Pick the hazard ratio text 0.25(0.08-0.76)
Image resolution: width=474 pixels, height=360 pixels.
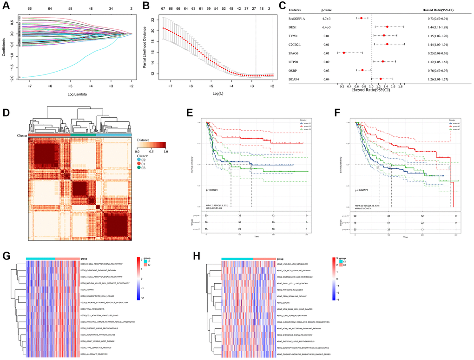(441, 53)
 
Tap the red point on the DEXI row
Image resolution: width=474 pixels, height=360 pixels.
(387, 27)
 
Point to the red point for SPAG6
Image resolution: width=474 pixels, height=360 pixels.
(344, 53)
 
